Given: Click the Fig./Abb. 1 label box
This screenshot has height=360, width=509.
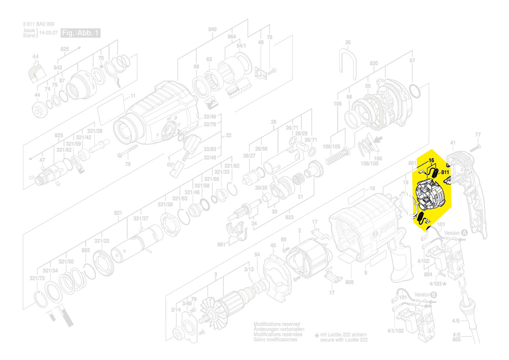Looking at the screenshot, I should tap(81, 33).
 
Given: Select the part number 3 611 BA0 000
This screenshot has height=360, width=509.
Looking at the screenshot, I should tap(38, 24).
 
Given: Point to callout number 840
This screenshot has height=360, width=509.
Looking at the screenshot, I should tap(212, 29).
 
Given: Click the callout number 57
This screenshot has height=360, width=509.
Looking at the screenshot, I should tap(412, 61).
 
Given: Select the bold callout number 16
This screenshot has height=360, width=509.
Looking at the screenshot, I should tap(431, 160).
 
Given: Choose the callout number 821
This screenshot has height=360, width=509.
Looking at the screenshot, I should tap(118, 213).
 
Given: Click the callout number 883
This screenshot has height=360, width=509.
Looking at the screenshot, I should tap(85, 250).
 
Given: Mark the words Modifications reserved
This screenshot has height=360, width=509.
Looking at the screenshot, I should tap(276, 324).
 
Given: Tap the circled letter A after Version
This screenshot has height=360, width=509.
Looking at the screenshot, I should tap(464, 233).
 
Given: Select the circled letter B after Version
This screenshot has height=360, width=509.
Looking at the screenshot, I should tap(434, 295).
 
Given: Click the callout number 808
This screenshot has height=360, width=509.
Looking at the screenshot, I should tap(349, 282).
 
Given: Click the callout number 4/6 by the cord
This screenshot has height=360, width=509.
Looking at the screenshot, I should tap(455, 321).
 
